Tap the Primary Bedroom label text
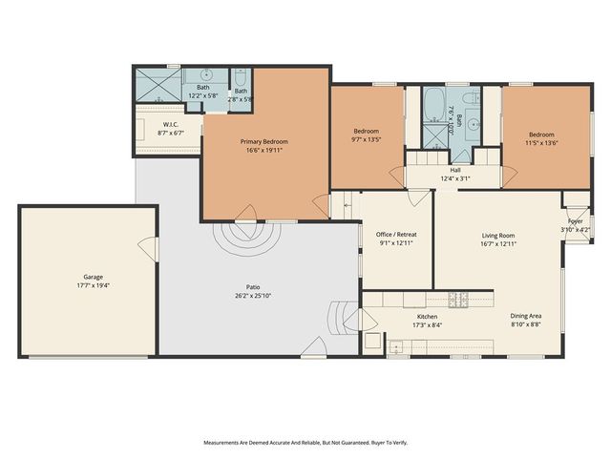point(263,141)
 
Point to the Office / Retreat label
point(396,234)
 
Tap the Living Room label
point(497,235)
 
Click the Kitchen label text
point(427,317)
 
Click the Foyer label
point(575,221)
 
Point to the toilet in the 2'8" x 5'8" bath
point(241,77)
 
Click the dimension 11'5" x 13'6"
point(540,142)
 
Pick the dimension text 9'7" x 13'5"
point(367,138)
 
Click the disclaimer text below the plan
point(305,443)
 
